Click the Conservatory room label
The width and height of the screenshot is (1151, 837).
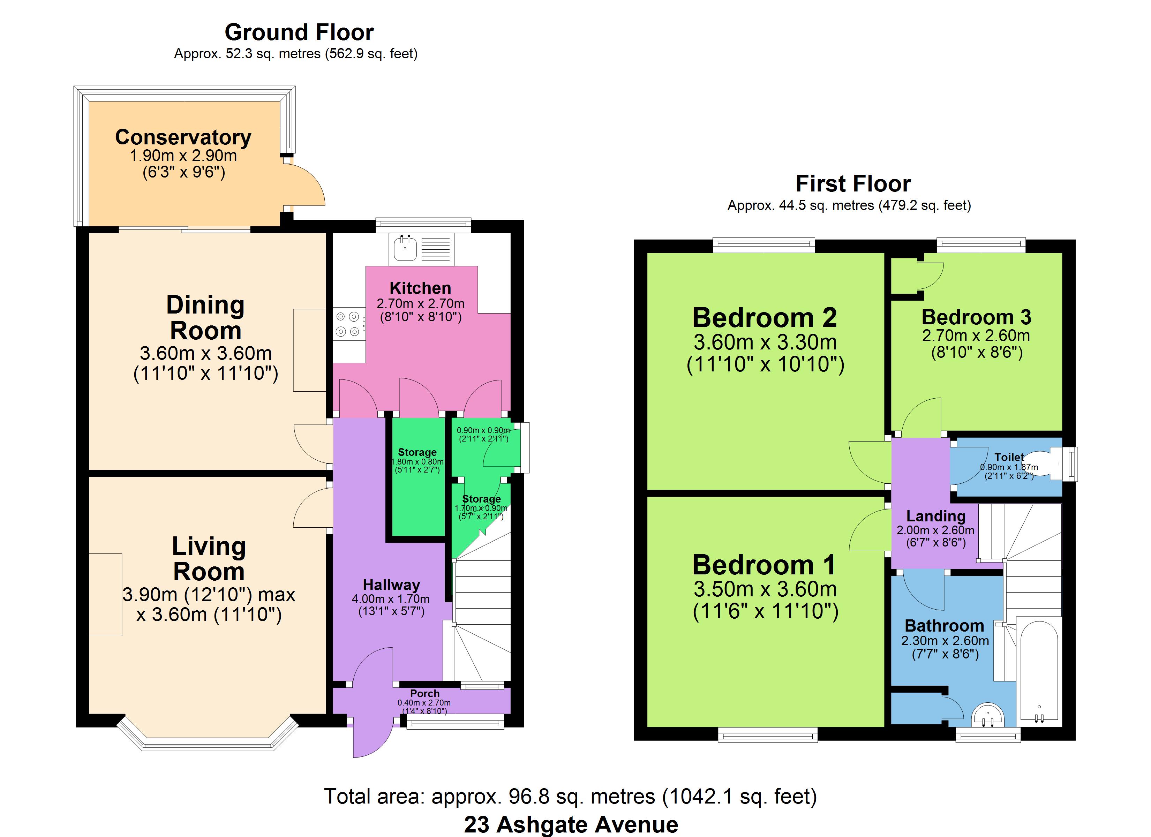coord(183,137)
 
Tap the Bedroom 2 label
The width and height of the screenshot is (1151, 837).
coord(765,318)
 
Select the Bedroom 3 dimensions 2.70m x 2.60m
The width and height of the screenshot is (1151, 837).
coord(976,335)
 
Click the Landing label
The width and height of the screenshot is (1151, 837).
coord(936,516)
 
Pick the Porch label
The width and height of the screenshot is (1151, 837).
coord(425,693)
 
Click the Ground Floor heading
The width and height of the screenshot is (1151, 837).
coord(299,32)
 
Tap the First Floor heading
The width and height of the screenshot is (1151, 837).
coord(853,184)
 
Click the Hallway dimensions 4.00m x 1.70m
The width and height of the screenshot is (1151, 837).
coord(391,599)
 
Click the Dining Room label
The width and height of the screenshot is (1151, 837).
coord(205,318)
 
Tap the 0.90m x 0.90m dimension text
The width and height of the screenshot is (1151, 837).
coord(483,430)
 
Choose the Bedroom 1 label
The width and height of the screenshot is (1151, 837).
coord(764,565)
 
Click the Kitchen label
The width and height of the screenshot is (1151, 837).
coord(420,288)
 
